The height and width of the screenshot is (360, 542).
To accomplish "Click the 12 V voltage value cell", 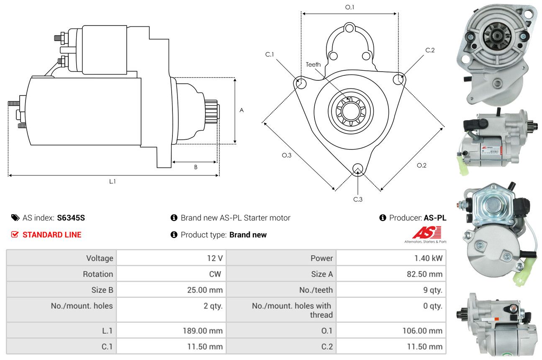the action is point(171,258).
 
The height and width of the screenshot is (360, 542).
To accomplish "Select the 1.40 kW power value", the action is point(428,258).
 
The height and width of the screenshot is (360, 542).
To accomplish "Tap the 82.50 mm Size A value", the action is point(424,274).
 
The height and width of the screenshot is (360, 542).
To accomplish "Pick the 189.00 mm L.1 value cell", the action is point(171,330).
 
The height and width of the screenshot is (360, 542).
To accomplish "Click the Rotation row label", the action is point(98,274).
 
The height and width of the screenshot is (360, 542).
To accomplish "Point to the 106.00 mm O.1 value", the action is point(422,331).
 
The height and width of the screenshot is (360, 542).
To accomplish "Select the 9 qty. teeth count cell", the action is point(391,290).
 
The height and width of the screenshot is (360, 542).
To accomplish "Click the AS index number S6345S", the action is point(71,218).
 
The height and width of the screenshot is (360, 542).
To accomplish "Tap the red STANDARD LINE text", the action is point(52,235).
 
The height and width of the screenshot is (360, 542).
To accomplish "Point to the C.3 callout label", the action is point(357,199).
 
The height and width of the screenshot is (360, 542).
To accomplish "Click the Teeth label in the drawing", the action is point(313,64).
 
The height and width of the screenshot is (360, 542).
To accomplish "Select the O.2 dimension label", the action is point(421,165).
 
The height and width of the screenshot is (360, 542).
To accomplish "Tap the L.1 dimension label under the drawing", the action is point(112,181).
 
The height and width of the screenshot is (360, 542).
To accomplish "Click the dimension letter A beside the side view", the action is point(241,111).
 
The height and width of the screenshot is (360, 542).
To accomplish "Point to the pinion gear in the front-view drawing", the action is point(351,111).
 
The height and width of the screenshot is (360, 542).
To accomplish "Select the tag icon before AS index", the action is point(15,218).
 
